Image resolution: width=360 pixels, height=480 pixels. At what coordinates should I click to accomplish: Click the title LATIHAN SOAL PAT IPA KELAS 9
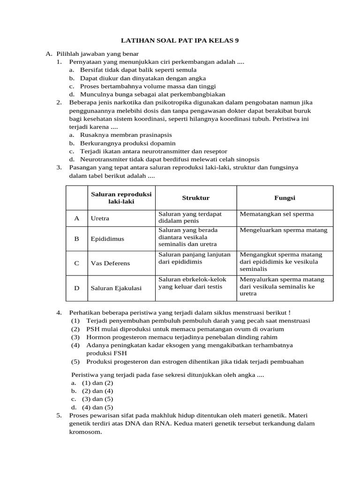click(x=180, y=41)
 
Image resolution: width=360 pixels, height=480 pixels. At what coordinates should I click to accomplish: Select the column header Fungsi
click(x=285, y=198)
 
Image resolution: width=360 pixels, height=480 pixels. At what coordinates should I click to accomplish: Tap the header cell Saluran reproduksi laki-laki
click(x=121, y=198)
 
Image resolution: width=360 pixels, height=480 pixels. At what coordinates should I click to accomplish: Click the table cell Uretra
click(x=100, y=218)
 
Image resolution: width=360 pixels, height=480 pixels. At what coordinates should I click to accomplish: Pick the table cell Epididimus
click(x=107, y=239)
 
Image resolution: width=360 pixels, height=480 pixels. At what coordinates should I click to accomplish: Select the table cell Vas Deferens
click(x=110, y=263)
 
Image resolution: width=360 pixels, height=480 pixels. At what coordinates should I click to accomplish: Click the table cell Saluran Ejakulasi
click(x=116, y=288)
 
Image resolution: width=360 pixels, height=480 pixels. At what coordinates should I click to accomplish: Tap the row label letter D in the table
click(x=76, y=288)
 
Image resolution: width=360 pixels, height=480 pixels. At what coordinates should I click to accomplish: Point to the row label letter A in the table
click(x=76, y=218)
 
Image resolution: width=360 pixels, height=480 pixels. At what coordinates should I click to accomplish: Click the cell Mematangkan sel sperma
click(x=277, y=214)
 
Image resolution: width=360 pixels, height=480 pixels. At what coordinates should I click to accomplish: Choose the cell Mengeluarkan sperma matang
click(x=284, y=230)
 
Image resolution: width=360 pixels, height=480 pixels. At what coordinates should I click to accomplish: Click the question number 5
click(x=59, y=415)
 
